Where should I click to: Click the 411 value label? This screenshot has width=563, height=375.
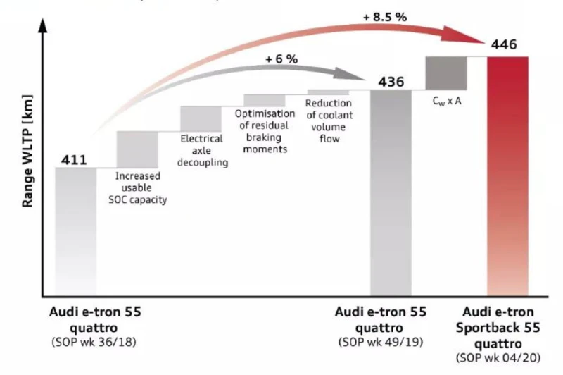(x=74, y=160)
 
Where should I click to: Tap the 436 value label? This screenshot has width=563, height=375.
(x=391, y=82)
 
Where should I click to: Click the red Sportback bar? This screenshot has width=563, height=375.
(x=507, y=176)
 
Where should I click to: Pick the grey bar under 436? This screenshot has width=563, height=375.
(x=391, y=190)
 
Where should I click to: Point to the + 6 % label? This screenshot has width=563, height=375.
(x=281, y=59)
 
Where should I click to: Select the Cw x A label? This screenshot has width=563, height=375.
(x=446, y=101)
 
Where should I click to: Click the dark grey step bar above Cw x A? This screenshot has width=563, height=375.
(x=446, y=73)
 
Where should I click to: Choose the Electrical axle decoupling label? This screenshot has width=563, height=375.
(x=201, y=151)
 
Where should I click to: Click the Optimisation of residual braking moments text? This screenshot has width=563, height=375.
(x=264, y=131)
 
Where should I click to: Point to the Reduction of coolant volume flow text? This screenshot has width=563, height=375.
(x=329, y=121)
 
